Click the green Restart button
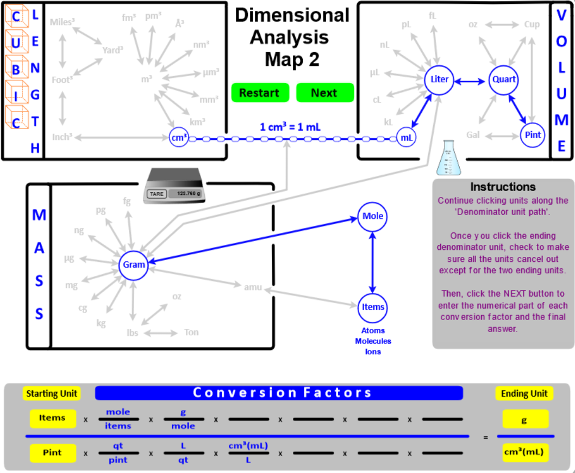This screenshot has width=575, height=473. coord(259,93)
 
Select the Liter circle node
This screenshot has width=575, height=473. coord(439,79)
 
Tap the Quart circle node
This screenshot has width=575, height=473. coord(504,79)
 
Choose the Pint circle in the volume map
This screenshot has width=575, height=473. coord(533,135)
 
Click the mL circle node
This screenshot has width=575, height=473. coord(407,138)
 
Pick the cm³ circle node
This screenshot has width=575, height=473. coord(179,138)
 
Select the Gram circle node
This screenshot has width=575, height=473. coord(134,265)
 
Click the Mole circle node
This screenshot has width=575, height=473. coord(372,216)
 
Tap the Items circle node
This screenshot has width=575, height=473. coord(373,307)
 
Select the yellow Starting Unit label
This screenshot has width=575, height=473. coord(52,393)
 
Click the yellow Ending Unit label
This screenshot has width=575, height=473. coord(524,393)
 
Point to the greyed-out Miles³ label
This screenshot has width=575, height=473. coord(62,22)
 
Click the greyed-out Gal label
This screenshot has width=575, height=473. coord(473,135)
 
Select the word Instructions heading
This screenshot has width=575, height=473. coord(503,187)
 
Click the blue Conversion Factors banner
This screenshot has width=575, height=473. coord(279,393)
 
